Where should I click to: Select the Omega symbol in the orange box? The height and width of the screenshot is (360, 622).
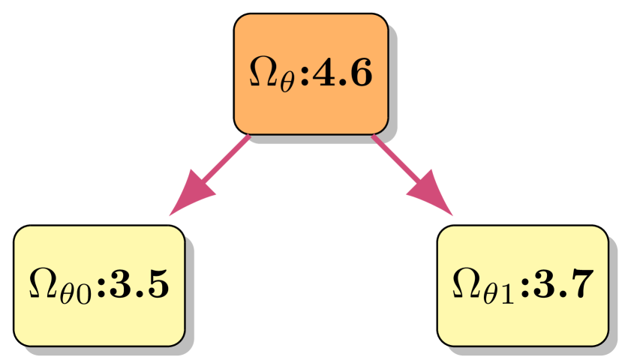(263, 73)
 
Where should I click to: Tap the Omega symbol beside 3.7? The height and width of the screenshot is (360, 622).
(466, 284)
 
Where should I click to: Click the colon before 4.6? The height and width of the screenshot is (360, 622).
(305, 75)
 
